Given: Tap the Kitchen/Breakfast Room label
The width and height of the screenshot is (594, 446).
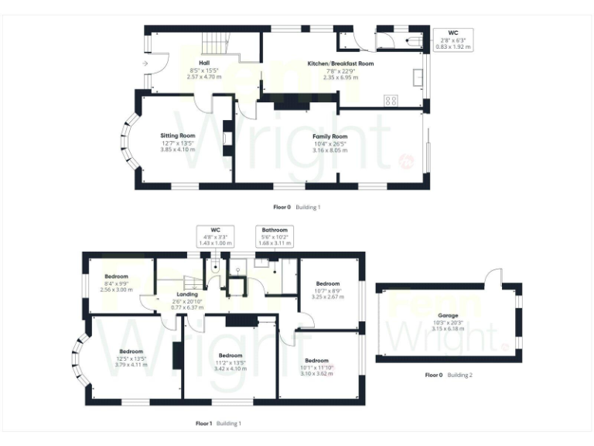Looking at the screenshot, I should click(340, 63).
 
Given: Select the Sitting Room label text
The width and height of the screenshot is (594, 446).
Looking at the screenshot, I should click(175, 136).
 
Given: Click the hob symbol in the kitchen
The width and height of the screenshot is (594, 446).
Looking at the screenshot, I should click(391, 99).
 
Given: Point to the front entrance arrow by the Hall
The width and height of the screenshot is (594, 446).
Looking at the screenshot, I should click(145, 63).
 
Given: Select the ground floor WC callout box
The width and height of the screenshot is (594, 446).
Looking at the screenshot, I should click(452, 39).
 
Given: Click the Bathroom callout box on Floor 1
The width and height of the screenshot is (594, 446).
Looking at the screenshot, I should click(274, 236).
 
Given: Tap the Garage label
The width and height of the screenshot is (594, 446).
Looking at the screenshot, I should click(448, 316).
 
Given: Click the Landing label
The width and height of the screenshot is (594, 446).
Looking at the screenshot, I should click(186, 295).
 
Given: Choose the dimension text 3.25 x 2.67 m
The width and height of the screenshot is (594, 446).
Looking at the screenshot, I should click(327, 296).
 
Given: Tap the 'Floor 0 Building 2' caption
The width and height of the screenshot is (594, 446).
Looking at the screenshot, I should click(449, 375).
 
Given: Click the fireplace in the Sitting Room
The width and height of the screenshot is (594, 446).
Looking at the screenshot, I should click(227, 139).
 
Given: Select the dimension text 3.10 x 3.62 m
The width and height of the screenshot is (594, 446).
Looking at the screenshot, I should click(316, 373).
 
